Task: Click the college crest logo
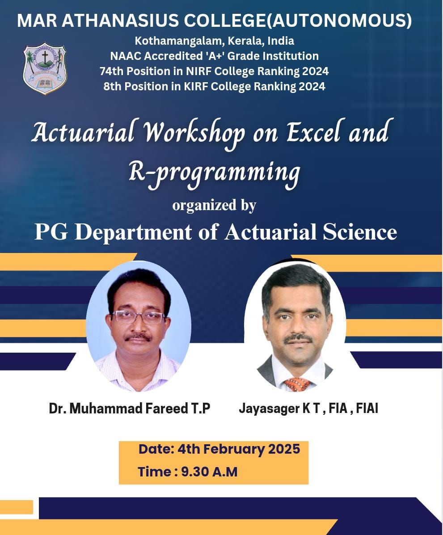point(45,69)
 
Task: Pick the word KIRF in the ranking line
point(196,86)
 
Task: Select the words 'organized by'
point(214,206)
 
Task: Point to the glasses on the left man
point(139,317)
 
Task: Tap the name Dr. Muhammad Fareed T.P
point(130,409)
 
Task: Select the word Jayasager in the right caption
point(269,409)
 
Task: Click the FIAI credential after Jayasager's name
point(367,408)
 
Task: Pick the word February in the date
point(233,449)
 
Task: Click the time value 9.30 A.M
point(209,472)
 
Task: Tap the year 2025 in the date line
point(284,449)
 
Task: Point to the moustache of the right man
point(298,338)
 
